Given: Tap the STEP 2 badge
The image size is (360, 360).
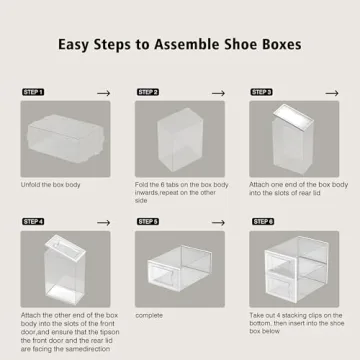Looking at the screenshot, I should [148, 91].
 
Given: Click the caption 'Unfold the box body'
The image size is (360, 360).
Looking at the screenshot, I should [54, 184].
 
